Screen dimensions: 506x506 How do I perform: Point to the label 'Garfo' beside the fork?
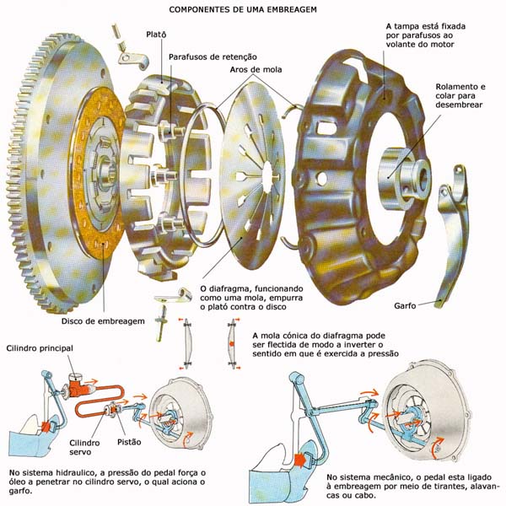coord(406,304)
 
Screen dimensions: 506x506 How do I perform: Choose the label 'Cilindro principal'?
coord(41,347)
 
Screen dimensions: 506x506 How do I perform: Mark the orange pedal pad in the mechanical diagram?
coord(299,460)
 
